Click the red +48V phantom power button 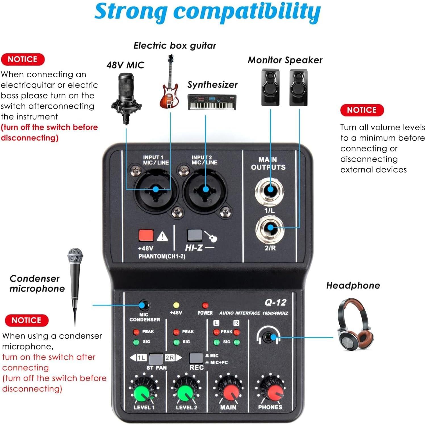tap(146, 236)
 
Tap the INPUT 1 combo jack tap(155, 190)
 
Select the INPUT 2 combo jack tap(205, 190)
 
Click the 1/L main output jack tap(270, 190)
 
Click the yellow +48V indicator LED tap(176, 305)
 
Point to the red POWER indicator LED tap(205, 305)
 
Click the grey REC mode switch tap(196, 358)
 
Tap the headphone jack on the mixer tap(268, 337)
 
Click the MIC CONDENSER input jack tap(144, 305)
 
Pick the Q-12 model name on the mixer tap(275, 302)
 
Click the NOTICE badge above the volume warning tap(362, 110)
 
